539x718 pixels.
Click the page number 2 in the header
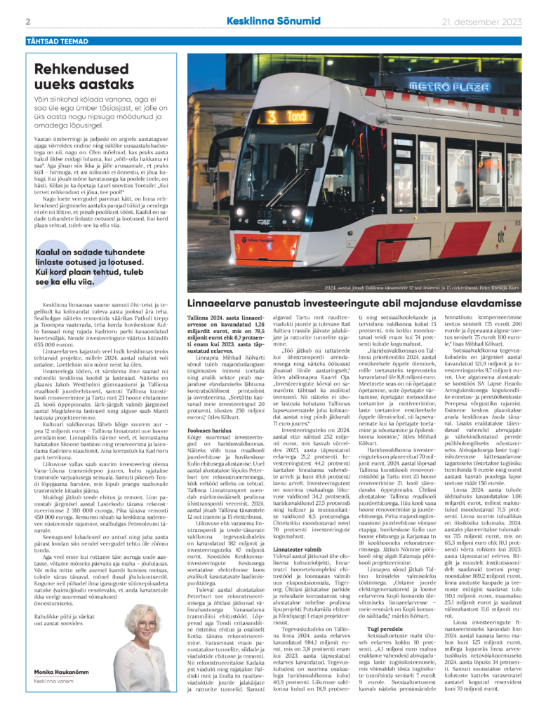(27, 22)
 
